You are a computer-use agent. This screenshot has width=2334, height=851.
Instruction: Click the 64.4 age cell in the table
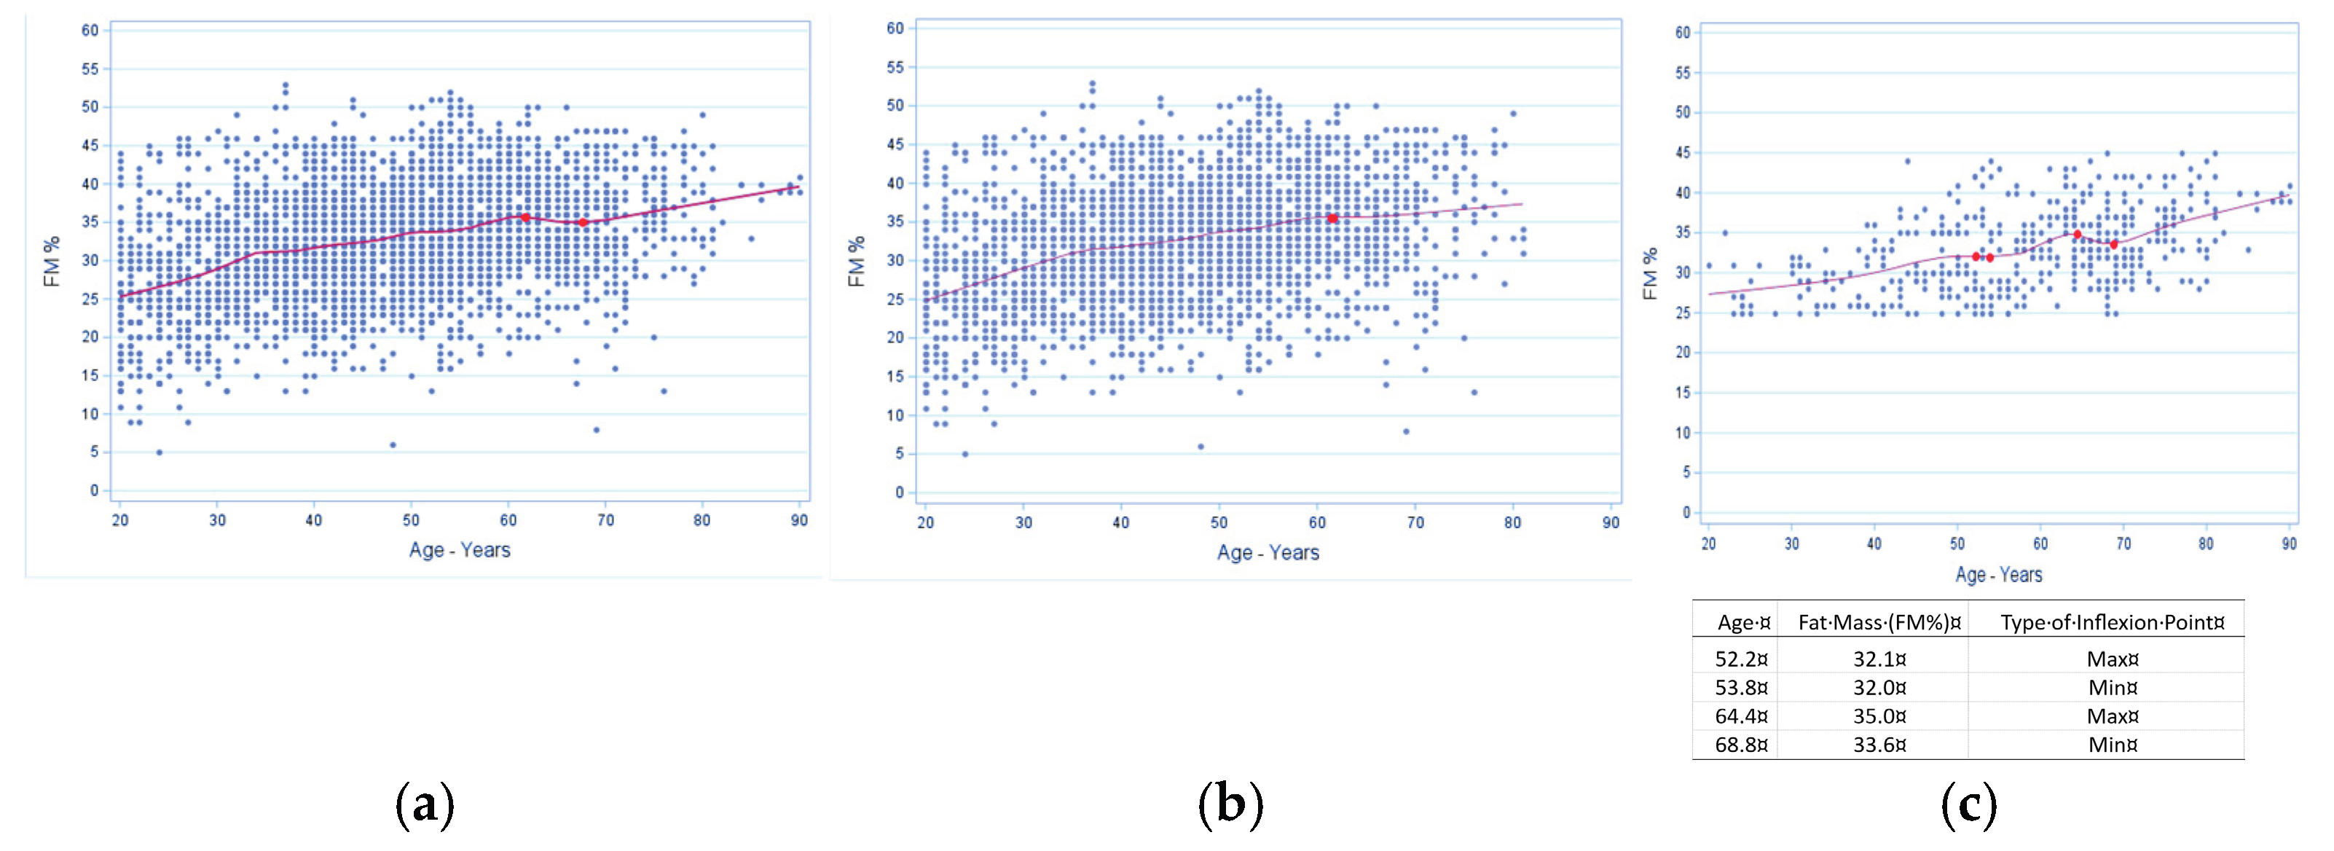click(x=1740, y=716)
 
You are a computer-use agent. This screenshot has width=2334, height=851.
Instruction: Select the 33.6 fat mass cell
click(x=1879, y=745)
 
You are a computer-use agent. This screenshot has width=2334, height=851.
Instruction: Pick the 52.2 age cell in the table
click(x=1740, y=659)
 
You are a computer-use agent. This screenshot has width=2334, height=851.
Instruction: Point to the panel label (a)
click(x=425, y=804)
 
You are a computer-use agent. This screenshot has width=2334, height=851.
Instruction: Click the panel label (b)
click(x=1230, y=804)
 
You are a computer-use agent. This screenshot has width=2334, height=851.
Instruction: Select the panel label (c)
click(x=1968, y=804)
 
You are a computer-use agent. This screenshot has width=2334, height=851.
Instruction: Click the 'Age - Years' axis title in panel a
click(x=460, y=550)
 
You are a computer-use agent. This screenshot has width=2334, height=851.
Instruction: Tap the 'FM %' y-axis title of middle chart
click(x=856, y=262)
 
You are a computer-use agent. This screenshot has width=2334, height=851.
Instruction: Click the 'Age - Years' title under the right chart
click(x=1999, y=575)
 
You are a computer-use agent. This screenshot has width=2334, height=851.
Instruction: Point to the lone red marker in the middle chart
click(x=1332, y=219)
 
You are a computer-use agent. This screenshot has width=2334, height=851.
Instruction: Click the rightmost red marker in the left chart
click(x=583, y=222)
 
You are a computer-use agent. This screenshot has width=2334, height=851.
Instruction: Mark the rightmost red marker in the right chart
click(x=2114, y=245)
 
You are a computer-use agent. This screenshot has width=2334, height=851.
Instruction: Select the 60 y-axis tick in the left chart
click(x=90, y=30)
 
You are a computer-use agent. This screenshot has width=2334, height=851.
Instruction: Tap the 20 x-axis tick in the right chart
click(x=1709, y=544)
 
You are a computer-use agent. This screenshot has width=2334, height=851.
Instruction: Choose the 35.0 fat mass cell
click(x=1879, y=716)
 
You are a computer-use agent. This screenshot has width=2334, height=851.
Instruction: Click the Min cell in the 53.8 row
click(x=2112, y=688)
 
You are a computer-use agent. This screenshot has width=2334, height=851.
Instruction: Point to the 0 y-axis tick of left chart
click(x=94, y=490)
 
